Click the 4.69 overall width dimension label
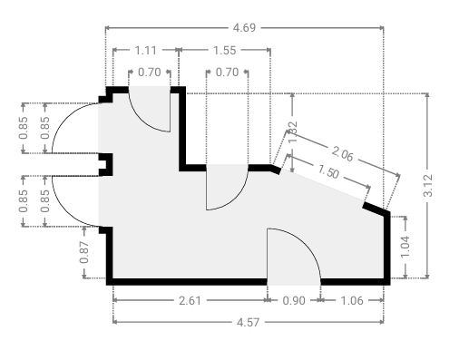[244, 28]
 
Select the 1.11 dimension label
[145, 50]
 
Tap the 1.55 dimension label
[225, 50]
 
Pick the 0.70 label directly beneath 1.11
[150, 73]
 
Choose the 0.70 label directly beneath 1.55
[227, 73]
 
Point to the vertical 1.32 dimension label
[292, 132]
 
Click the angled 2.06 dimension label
[342, 153]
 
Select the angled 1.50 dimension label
[328, 172]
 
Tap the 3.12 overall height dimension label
[427, 186]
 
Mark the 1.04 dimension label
[405, 247]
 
